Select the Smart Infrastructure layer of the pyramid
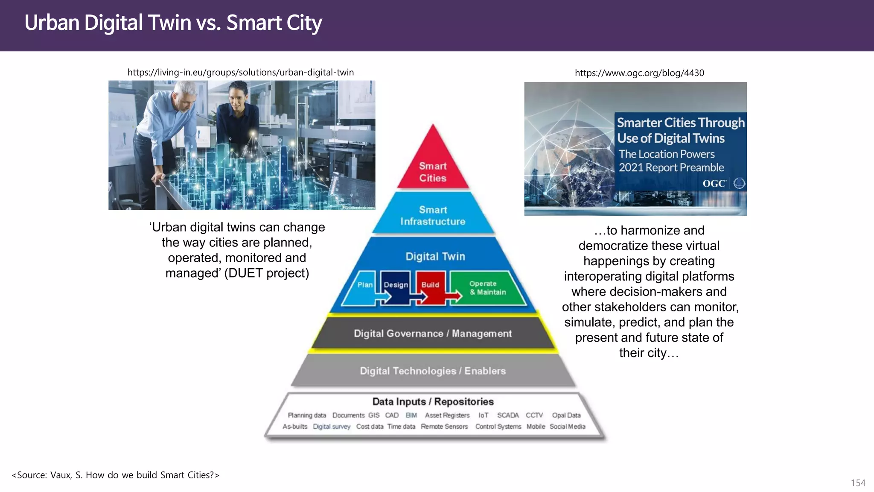(x=433, y=215)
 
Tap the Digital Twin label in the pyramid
(x=435, y=256)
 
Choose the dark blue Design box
(x=395, y=285)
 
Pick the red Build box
(x=430, y=285)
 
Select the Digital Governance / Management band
(x=433, y=334)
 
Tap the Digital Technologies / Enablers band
(x=433, y=371)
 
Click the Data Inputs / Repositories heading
(x=433, y=401)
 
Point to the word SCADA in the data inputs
(x=508, y=415)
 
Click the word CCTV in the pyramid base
(x=534, y=415)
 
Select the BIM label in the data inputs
(x=411, y=415)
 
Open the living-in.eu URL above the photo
(x=241, y=72)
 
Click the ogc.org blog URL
(x=639, y=73)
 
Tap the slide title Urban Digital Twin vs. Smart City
(x=173, y=23)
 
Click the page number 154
(x=858, y=483)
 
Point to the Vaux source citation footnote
(x=115, y=475)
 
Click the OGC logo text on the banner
(x=714, y=184)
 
